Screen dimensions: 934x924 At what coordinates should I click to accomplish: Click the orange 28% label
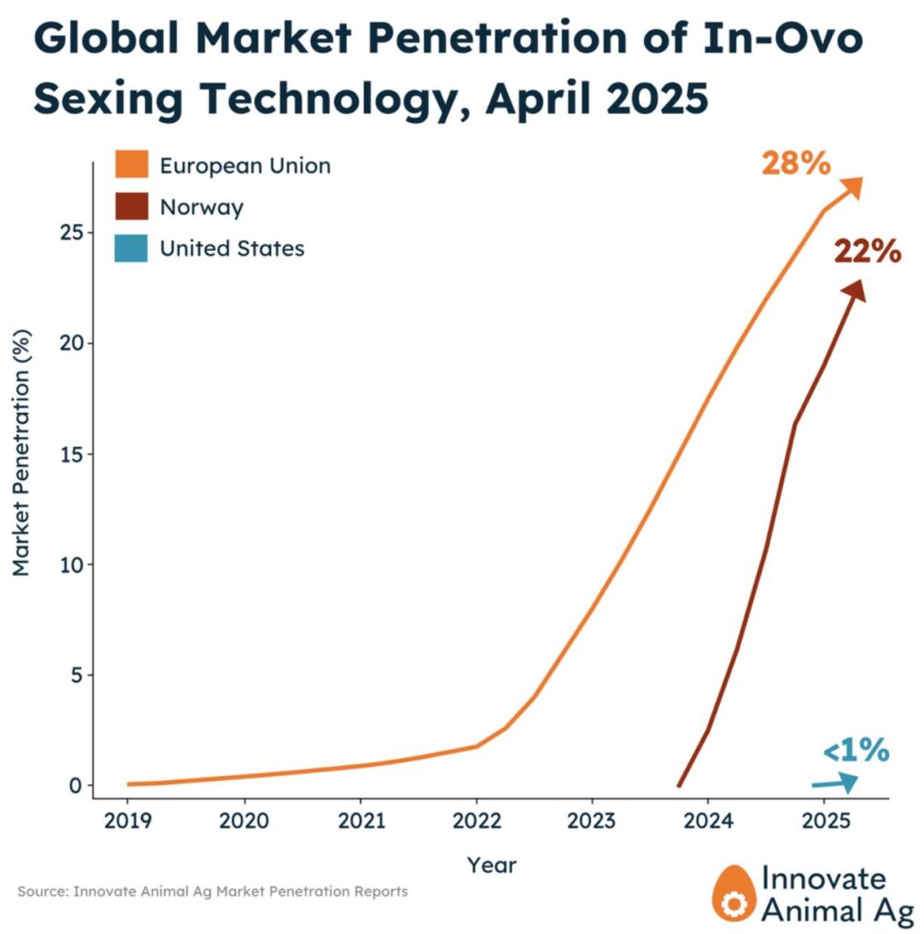(795, 165)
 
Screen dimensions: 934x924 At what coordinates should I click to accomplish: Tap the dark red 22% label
(867, 251)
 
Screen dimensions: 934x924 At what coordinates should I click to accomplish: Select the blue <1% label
(855, 751)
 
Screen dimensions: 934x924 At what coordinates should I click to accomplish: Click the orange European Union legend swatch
(130, 165)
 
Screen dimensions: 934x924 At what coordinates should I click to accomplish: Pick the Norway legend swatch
(130, 206)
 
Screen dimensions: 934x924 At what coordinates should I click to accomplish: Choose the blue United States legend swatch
(130, 247)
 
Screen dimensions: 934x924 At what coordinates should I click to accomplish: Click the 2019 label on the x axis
(128, 820)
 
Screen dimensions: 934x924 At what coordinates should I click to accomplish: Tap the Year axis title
(492, 864)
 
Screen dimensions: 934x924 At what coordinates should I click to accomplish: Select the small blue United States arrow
(836, 782)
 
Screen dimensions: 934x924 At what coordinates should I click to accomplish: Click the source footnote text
(213, 891)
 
